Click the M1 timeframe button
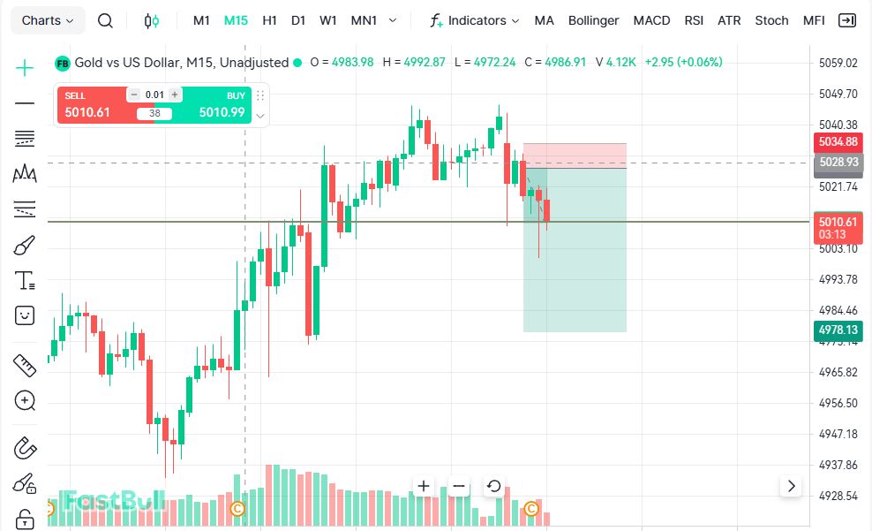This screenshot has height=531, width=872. [201, 20]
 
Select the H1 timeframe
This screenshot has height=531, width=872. [269, 20]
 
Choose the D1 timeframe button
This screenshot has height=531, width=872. [298, 20]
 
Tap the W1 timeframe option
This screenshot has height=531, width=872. [328, 20]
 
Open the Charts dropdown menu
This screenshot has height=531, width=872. [48, 20]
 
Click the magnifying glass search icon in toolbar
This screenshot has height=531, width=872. [105, 20]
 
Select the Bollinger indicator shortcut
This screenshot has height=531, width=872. [593, 20]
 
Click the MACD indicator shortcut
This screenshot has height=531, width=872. [651, 20]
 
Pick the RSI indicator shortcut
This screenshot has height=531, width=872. [694, 20]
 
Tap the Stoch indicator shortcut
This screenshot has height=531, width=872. [771, 20]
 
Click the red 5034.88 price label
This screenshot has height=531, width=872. [838, 142]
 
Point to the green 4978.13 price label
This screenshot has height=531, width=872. [838, 330]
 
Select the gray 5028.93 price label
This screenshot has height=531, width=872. [838, 163]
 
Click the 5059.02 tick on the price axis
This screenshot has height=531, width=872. [838, 63]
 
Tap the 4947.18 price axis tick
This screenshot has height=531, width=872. [838, 434]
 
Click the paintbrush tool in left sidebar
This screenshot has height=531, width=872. [25, 245]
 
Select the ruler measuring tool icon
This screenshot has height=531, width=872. [25, 365]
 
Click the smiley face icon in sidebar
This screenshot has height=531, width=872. [25, 315]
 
